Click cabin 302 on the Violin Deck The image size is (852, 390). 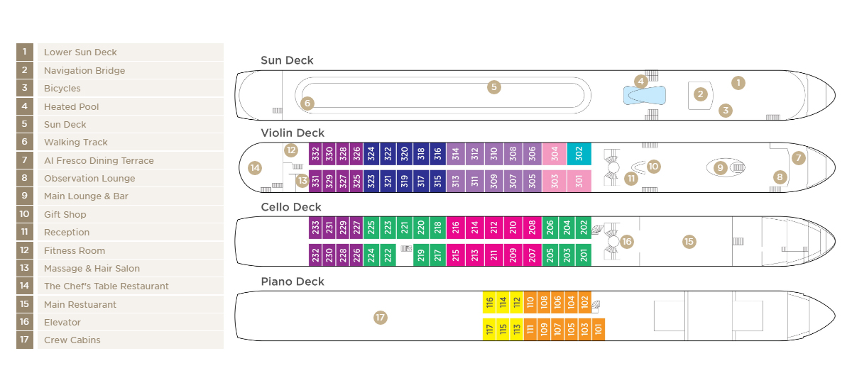(x=579, y=154)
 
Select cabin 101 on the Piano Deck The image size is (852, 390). (x=599, y=329)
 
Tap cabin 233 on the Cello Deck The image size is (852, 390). (x=315, y=228)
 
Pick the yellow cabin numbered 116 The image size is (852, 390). (x=489, y=302)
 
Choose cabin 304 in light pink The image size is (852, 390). (x=555, y=154)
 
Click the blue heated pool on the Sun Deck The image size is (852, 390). (x=645, y=95)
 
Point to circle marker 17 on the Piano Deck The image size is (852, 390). (x=381, y=317)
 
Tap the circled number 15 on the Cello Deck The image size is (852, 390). (x=689, y=242)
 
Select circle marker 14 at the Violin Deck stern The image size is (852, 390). (x=255, y=168)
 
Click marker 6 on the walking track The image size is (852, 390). (x=307, y=104)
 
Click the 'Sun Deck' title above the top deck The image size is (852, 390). (x=287, y=60)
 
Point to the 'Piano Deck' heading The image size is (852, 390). (x=293, y=282)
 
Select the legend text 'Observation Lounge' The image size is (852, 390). (x=89, y=178)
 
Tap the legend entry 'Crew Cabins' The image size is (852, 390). (x=72, y=340)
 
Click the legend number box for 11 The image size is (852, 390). (x=25, y=232)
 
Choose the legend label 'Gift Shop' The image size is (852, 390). (x=65, y=215)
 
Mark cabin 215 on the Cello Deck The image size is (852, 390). (x=456, y=255)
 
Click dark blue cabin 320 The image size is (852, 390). (x=404, y=154)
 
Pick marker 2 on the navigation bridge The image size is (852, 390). (x=700, y=94)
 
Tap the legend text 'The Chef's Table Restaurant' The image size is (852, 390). (x=106, y=286)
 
